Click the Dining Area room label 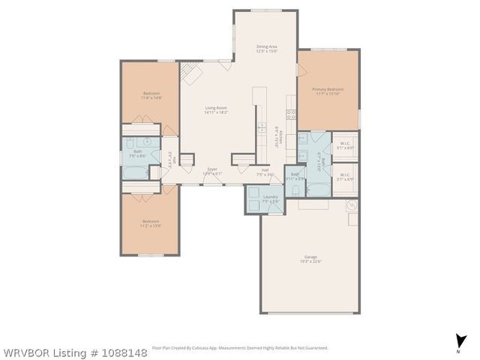267,46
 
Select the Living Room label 216,107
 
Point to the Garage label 310,256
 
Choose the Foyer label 212,169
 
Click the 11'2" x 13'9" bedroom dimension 151,225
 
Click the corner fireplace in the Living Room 193,73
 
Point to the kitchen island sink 261,125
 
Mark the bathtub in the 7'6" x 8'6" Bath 136,172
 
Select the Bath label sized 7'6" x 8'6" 137,153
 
